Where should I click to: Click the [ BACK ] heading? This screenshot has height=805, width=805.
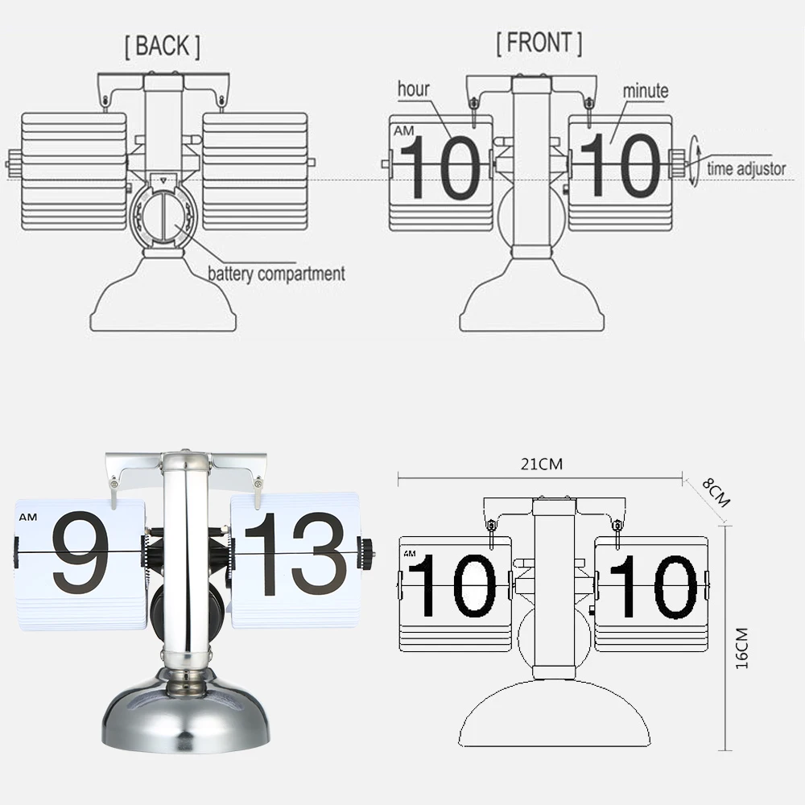click(162, 47)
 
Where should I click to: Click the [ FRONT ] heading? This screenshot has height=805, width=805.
click(539, 43)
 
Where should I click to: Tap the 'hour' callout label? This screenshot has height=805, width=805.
click(413, 89)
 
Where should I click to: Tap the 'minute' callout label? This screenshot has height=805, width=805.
click(645, 90)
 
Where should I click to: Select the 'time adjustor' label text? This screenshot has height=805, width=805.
click(746, 169)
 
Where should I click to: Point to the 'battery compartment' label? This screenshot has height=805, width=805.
click(276, 274)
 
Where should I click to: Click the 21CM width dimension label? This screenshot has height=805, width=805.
click(540, 464)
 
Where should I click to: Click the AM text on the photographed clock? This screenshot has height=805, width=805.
click(27, 517)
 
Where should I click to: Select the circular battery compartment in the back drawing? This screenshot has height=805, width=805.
click(163, 216)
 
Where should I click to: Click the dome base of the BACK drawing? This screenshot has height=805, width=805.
click(163, 298)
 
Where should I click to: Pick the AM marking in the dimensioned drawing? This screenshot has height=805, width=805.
click(411, 554)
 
